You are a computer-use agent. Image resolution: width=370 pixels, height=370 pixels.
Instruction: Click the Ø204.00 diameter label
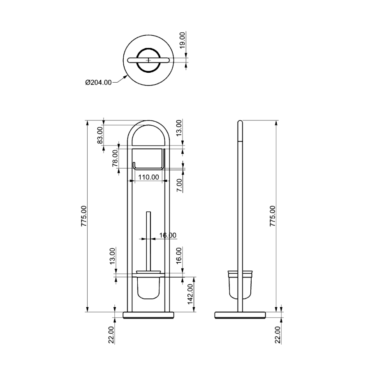tap(98, 83)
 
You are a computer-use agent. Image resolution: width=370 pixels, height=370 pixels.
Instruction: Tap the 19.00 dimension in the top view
tap(183, 40)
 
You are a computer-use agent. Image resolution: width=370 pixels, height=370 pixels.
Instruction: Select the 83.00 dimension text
tap(100, 135)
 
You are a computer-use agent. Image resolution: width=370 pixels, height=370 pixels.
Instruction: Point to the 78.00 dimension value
tap(115, 158)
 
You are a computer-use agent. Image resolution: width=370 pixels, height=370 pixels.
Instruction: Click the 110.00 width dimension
tap(148, 177)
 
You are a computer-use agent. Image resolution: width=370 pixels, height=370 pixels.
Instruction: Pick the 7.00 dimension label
tap(179, 185)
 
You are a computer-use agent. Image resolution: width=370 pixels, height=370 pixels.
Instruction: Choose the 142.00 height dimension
tap(190, 294)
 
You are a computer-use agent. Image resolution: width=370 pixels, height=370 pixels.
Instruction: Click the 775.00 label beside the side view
tap(272, 216)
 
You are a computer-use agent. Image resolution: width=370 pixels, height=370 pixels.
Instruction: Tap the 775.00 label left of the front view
tap(84, 216)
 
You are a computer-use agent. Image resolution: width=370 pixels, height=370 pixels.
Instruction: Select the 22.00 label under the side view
tap(278, 335)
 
